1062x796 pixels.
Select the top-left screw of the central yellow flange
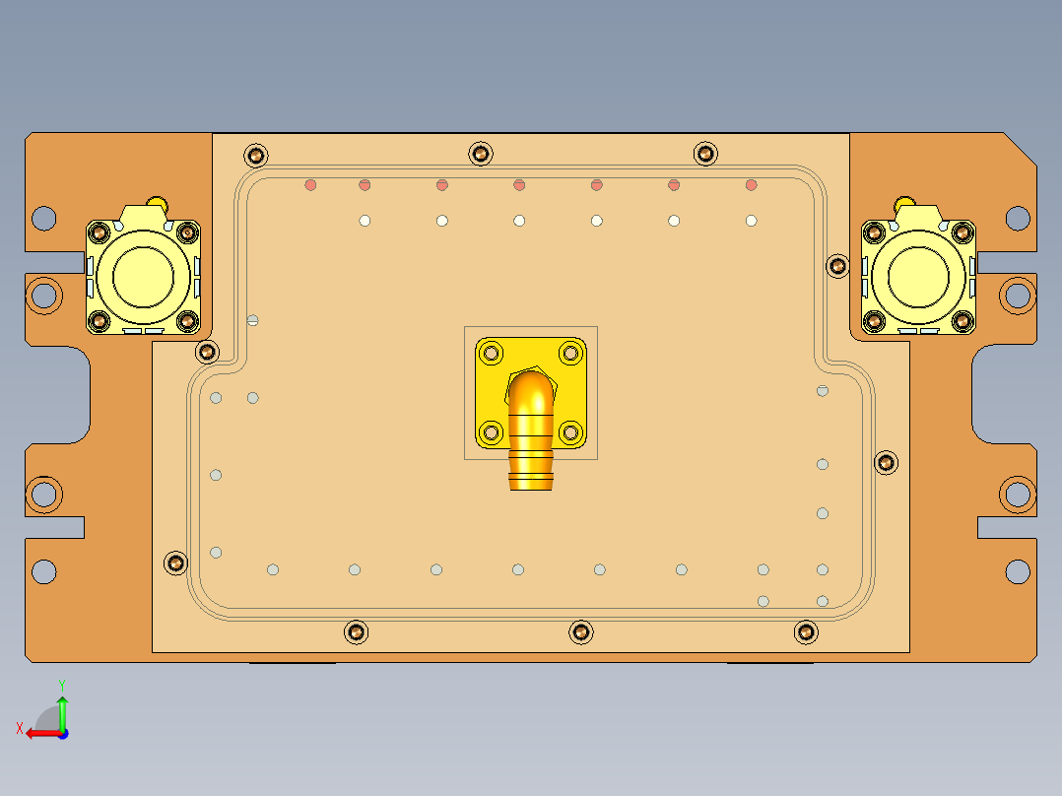tap(491, 353)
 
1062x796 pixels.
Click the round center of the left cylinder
tap(143, 277)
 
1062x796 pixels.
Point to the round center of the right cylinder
tap(917, 277)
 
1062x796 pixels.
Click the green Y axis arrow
tap(62, 707)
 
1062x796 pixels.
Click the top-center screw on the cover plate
tap(480, 153)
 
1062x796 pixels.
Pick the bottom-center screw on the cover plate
tap(581, 631)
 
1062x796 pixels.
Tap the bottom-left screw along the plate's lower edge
tap(356, 631)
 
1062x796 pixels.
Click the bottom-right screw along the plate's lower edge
tap(806, 631)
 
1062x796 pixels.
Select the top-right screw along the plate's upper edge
tap(705, 153)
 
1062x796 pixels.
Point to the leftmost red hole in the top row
tap(310, 184)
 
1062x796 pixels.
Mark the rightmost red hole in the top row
tap(751, 184)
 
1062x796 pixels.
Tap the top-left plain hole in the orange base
tap(43, 217)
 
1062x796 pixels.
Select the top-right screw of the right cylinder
tap(962, 232)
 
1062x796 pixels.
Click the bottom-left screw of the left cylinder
tap(100, 321)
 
